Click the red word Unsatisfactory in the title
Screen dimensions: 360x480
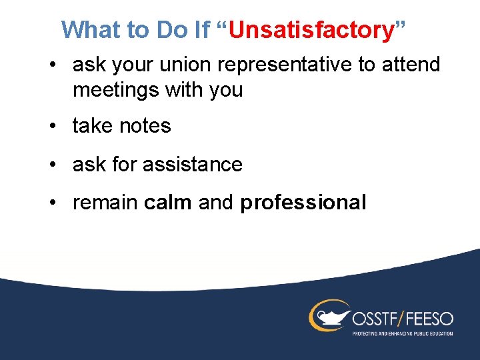tap(313, 30)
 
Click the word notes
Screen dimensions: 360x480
tap(145, 126)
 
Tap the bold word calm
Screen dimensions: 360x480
tap(167, 203)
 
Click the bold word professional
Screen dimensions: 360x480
tap(303, 203)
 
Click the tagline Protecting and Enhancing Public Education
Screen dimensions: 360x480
tap(403, 333)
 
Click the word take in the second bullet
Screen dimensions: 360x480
tap(93, 126)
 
